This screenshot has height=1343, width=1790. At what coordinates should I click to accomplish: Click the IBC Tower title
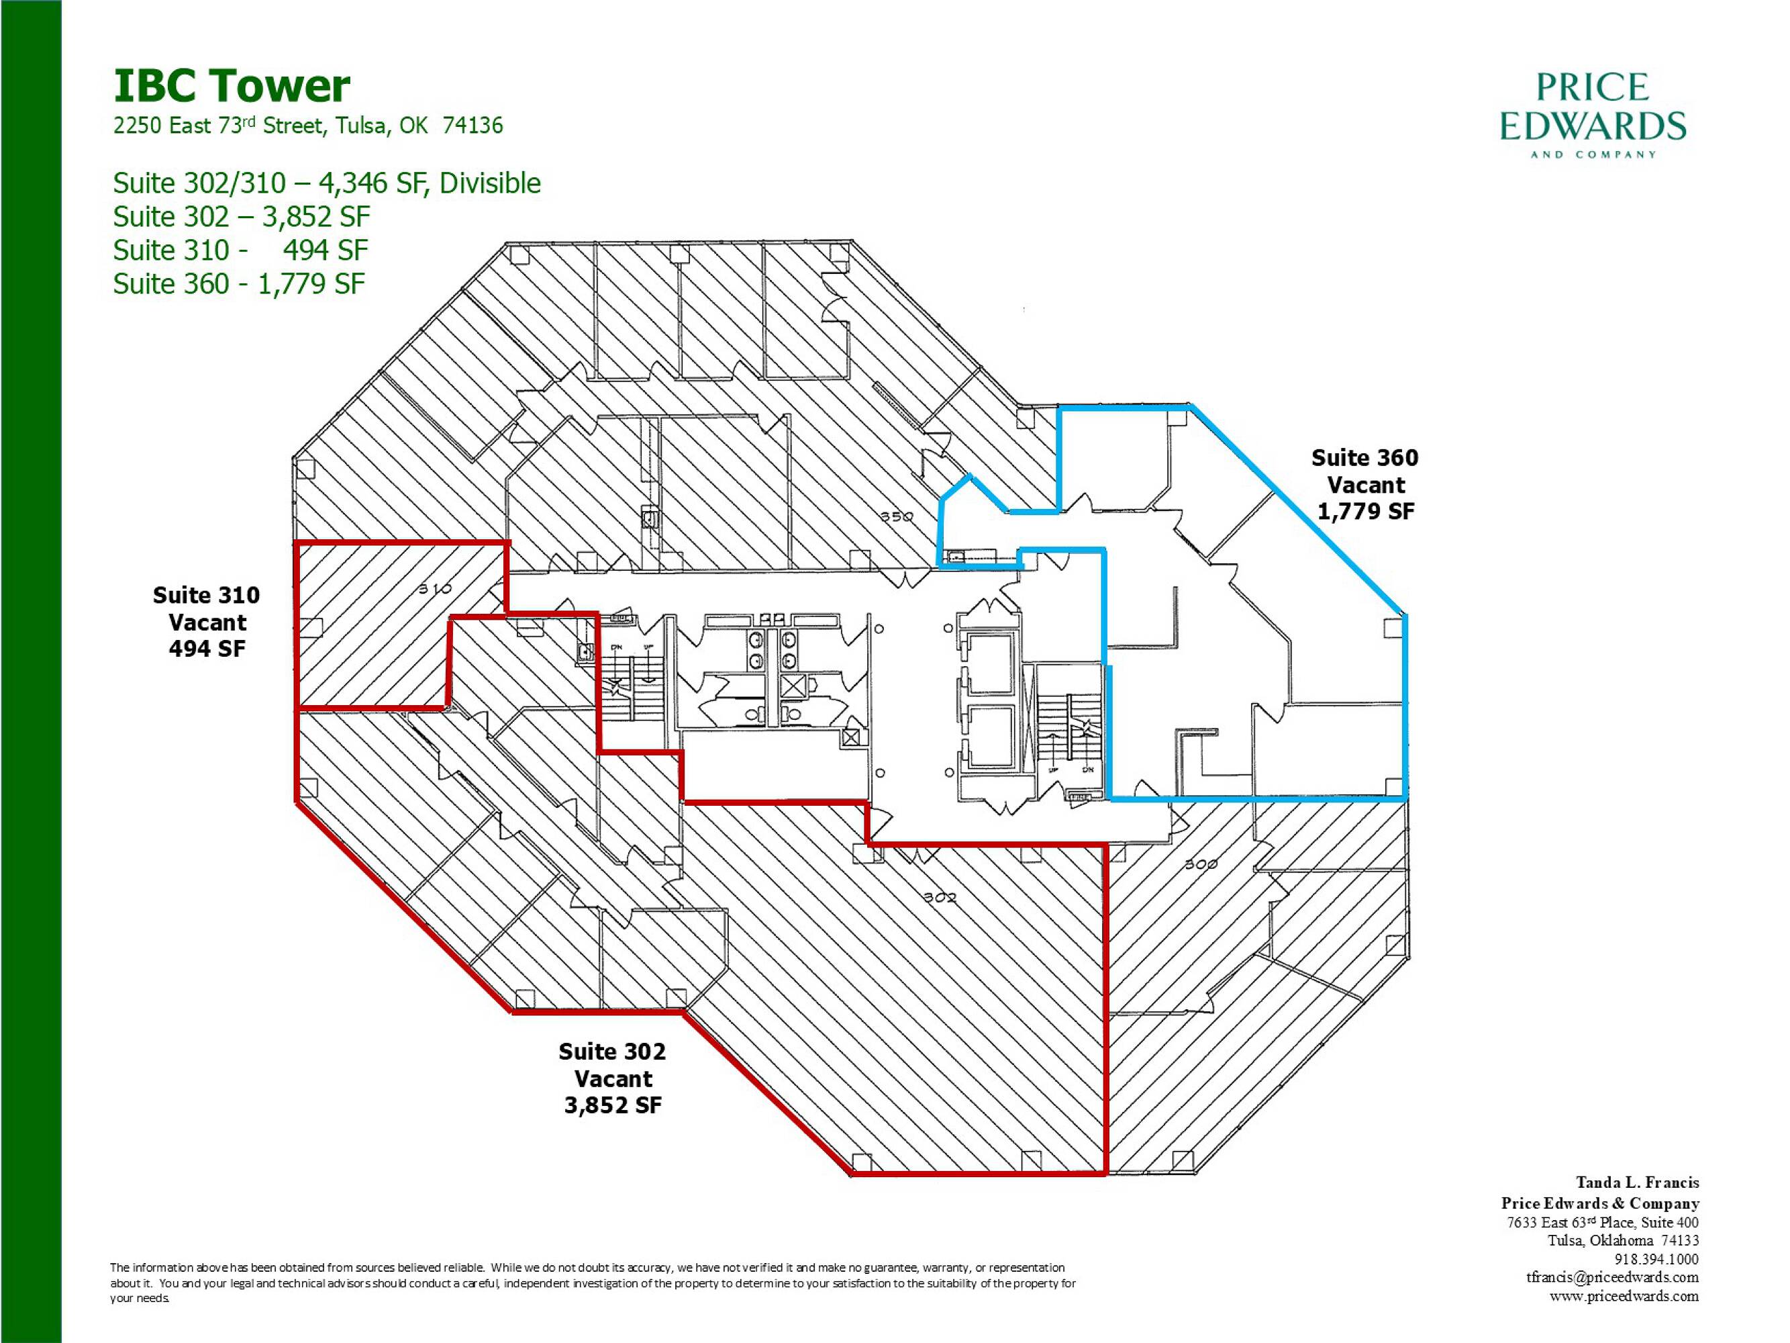232,86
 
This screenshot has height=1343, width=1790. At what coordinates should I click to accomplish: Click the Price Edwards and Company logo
1593,115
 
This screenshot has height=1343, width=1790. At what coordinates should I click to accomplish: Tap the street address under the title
308,126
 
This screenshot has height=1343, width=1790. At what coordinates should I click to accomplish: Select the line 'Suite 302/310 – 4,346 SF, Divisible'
327,184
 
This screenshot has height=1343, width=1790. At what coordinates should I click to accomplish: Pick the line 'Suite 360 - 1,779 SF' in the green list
240,284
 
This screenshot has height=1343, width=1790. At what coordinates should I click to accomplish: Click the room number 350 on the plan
897,516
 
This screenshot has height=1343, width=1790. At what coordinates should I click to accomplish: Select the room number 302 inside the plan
940,897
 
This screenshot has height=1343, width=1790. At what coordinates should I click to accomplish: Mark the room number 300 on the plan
1201,864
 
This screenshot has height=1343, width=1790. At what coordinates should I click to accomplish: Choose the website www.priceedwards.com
1624,1295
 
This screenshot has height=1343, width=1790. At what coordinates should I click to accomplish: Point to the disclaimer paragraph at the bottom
593,1283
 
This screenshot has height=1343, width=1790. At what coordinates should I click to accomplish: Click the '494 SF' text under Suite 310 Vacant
207,649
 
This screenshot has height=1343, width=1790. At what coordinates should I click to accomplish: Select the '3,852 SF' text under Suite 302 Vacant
613,1105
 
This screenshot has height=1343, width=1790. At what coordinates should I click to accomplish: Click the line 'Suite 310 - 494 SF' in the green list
241,251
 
